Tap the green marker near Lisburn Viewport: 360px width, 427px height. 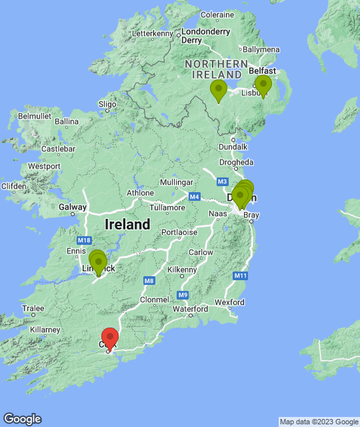point(263,85)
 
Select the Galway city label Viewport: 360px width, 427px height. point(72,207)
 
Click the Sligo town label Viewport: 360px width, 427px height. point(107,104)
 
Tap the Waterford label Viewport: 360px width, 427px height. point(189,309)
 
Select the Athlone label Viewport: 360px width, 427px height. point(141,193)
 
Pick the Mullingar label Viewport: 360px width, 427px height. point(177,182)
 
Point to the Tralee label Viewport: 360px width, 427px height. point(33,308)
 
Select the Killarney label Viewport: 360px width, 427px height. point(45,330)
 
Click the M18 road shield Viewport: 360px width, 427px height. point(84,240)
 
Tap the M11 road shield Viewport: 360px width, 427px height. point(241,276)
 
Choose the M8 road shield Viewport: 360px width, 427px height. point(149,281)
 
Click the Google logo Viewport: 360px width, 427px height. point(22,419)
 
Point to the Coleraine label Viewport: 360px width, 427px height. point(217,15)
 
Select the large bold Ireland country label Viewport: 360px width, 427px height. point(127,225)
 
